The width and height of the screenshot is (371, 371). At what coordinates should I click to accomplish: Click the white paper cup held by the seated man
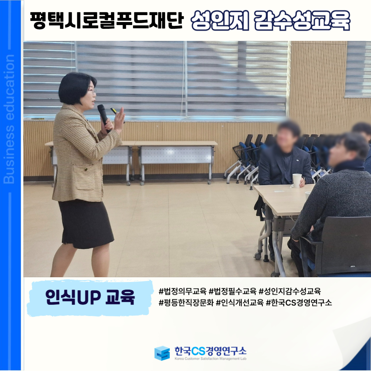tap(297, 180)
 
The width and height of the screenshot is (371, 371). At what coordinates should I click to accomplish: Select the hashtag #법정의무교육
tap(183, 291)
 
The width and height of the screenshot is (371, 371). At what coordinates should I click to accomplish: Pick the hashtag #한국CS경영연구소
tap(299, 302)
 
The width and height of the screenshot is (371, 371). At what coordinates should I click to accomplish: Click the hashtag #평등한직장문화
tap(186, 302)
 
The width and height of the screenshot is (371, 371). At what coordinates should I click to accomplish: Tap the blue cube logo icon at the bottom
tap(162, 353)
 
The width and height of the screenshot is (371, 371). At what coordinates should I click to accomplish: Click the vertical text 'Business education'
tap(9, 119)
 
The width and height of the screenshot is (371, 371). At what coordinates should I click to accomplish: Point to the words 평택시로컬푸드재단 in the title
tap(107, 20)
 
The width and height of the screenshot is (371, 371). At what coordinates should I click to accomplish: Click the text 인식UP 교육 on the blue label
tap(90, 297)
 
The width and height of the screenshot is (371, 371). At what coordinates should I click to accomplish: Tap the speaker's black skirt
tap(86, 224)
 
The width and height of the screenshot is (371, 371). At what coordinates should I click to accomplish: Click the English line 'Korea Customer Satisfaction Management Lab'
tap(211, 359)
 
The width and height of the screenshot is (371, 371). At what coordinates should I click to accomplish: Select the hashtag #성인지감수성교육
tap(290, 291)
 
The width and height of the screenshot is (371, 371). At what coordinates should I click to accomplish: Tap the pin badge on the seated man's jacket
tap(297, 160)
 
